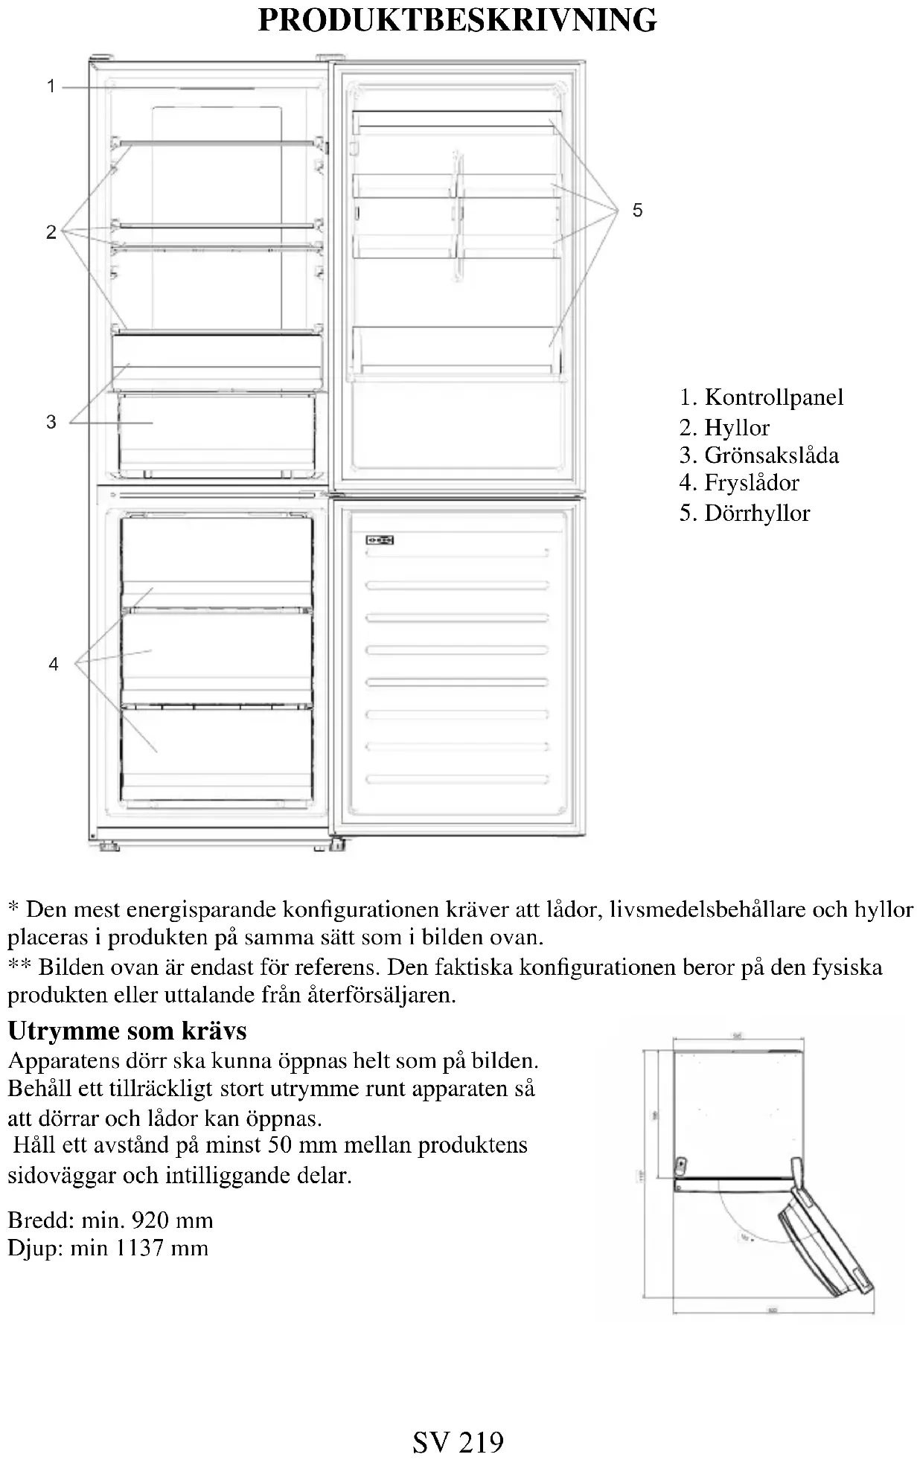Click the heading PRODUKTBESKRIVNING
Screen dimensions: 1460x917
point(457,21)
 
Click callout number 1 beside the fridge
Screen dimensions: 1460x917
point(51,87)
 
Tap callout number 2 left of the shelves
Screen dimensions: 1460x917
point(51,232)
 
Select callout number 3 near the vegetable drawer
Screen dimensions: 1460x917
point(51,422)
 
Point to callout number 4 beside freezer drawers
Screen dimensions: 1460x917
point(54,663)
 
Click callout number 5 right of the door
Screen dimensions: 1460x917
point(637,211)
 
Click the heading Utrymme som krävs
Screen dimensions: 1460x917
point(127,1031)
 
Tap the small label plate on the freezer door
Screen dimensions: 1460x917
point(380,540)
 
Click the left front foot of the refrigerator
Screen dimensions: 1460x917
point(109,845)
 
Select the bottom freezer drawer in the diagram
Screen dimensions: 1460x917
point(217,752)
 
